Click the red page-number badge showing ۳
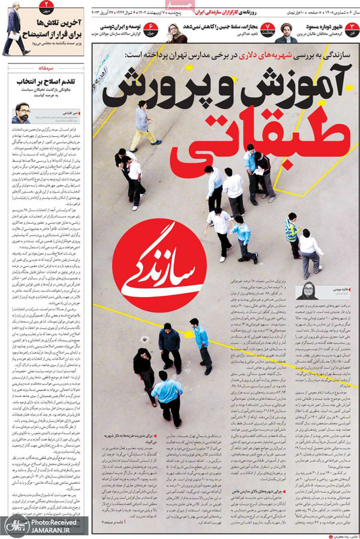[351, 26]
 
